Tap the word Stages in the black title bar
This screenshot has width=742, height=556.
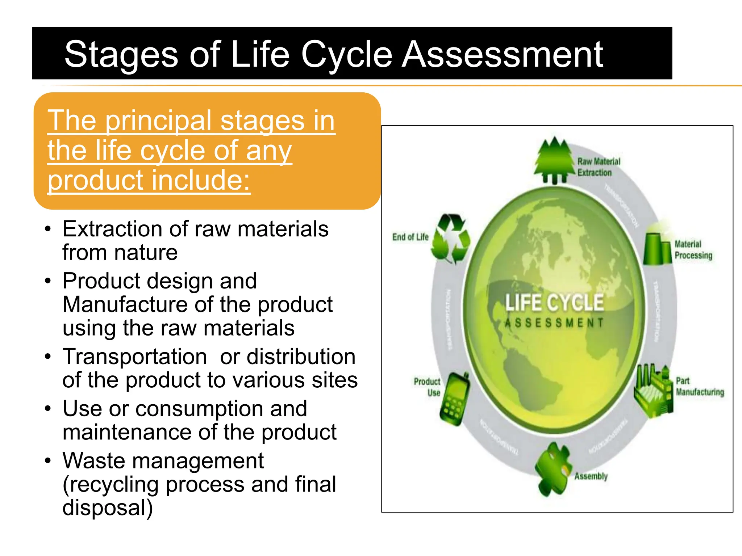pyautogui.click(x=121, y=55)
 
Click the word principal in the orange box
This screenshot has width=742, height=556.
pyautogui.click(x=158, y=121)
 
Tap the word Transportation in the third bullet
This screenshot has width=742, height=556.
pyautogui.click(x=134, y=357)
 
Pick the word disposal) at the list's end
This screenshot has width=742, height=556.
pyautogui.click(x=108, y=507)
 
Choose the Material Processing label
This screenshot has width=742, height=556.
pyautogui.click(x=693, y=250)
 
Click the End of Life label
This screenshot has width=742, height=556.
pyautogui.click(x=410, y=237)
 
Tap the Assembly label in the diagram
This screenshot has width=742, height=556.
pyautogui.click(x=591, y=476)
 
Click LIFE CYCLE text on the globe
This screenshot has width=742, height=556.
pyautogui.click(x=554, y=303)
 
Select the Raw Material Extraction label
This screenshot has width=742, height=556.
pyautogui.click(x=599, y=167)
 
